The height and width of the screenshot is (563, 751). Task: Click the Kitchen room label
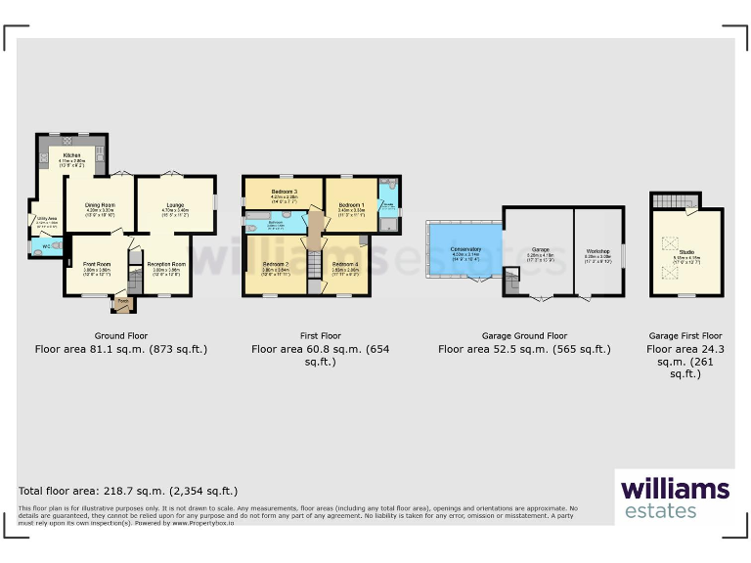72,154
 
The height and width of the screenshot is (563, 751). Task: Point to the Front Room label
97,264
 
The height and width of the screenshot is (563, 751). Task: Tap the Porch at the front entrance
123,304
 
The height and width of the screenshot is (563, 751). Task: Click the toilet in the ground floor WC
36,246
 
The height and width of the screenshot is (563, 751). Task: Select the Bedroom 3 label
284,191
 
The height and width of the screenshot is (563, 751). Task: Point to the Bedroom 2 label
277,264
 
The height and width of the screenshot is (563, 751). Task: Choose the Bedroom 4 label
345,264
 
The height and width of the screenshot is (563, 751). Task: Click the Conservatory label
465,250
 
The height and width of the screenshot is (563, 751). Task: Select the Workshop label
597,251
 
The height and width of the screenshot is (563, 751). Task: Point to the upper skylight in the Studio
671,241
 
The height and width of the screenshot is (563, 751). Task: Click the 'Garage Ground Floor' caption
524,335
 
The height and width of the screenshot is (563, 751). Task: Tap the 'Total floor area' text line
128,491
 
